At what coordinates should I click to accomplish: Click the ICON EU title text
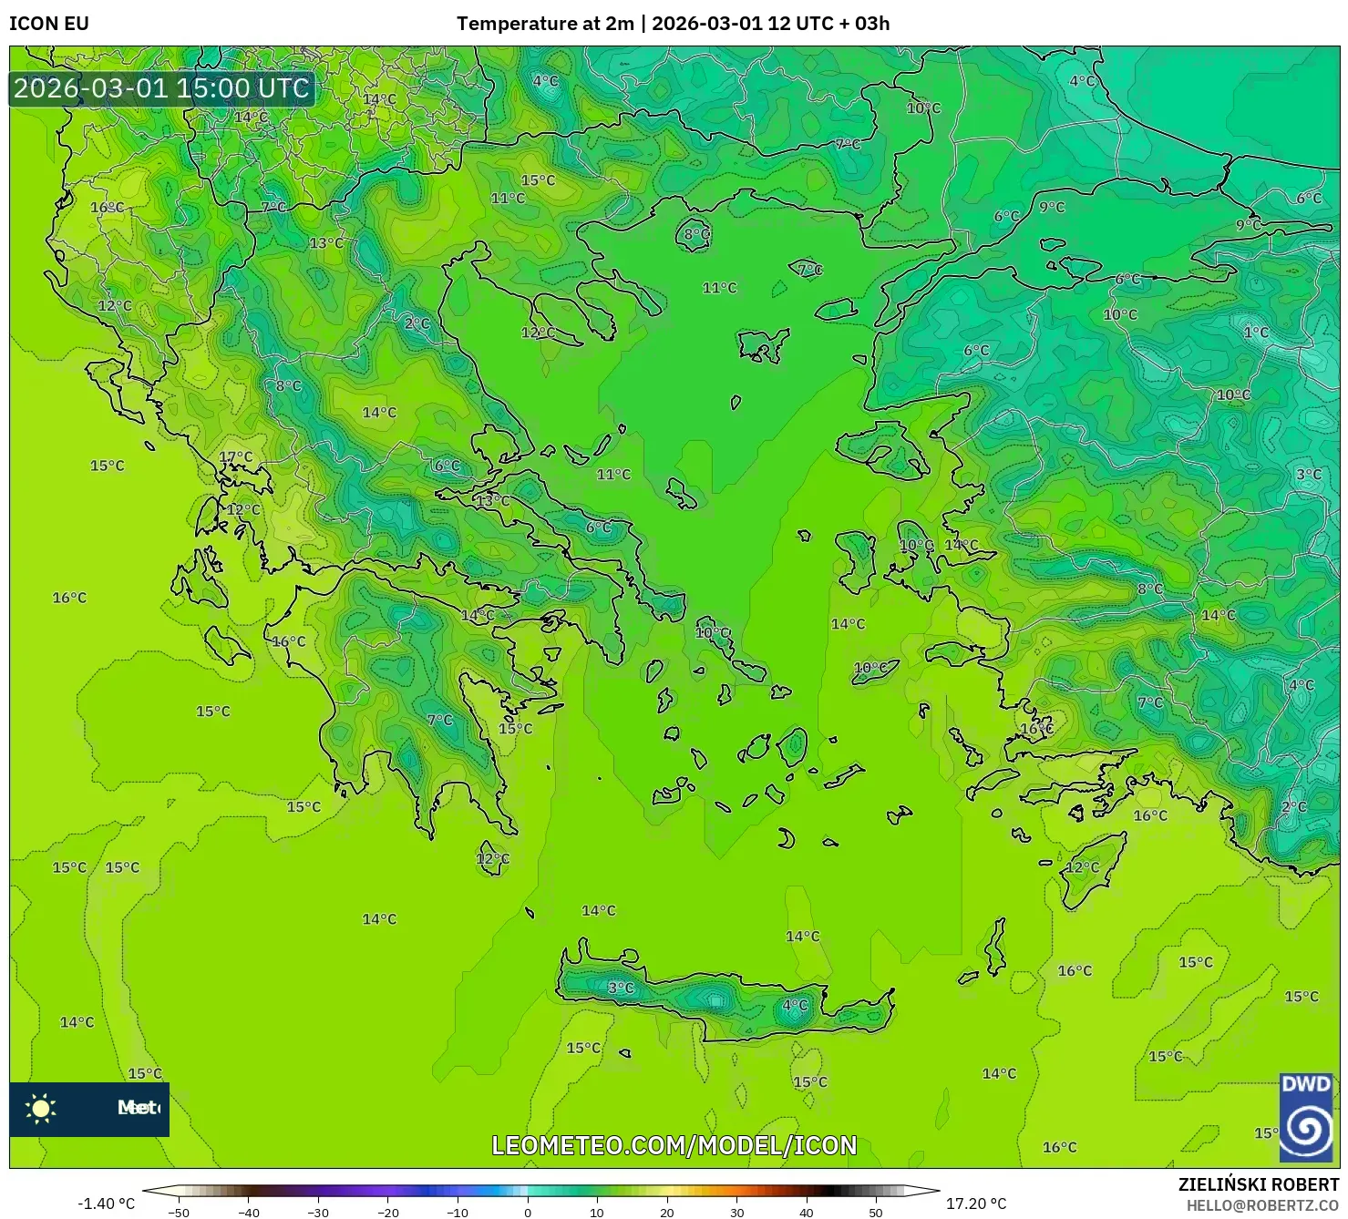[x=49, y=24]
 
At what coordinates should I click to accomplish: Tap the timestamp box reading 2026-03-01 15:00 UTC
[x=162, y=88]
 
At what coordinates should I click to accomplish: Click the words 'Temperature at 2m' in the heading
[x=544, y=24]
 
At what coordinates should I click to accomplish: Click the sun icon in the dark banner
[x=41, y=1108]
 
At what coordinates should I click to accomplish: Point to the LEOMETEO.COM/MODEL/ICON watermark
[x=674, y=1145]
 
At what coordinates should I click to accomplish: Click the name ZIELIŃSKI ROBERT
[x=1258, y=1184]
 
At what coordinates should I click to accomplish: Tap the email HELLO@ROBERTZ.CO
[x=1261, y=1204]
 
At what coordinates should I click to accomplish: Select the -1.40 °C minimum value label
[x=106, y=1204]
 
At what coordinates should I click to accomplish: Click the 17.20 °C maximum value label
[x=976, y=1204]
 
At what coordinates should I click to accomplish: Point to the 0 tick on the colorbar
[x=528, y=1213]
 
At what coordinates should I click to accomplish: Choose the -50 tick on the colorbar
[x=179, y=1213]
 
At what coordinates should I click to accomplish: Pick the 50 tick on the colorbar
[x=876, y=1213]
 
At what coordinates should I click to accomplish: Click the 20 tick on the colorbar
[x=667, y=1213]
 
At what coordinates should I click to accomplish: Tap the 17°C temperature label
[x=236, y=457]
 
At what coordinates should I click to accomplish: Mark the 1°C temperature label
[x=1256, y=333]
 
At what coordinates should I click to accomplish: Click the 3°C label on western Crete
[x=621, y=988]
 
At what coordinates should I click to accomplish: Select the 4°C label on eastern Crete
[x=795, y=1005]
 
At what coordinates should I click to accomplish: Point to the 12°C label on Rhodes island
[x=1083, y=866]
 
